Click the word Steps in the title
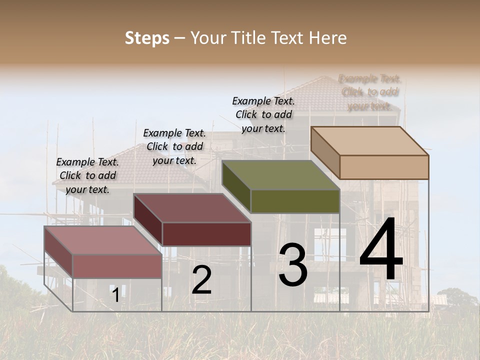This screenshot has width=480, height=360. click(147, 38)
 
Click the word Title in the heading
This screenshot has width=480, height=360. click(244, 38)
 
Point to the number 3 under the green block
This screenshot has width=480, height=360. click(293, 265)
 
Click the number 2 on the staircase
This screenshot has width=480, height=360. click(201, 280)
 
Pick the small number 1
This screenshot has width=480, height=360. click(115, 295)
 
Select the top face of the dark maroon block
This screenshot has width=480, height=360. click(192, 207)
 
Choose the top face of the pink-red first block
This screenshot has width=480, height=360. click(103, 240)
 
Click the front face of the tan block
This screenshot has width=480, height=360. click(384, 167)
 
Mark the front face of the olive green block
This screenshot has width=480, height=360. click(295, 201)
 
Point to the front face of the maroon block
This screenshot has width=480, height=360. click(206, 234)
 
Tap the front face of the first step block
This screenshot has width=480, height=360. click(117, 266)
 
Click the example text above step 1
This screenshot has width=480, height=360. click(87, 175)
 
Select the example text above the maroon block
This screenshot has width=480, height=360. click(174, 146)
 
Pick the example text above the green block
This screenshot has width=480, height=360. click(263, 114)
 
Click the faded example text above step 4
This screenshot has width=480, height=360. click(370, 92)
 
